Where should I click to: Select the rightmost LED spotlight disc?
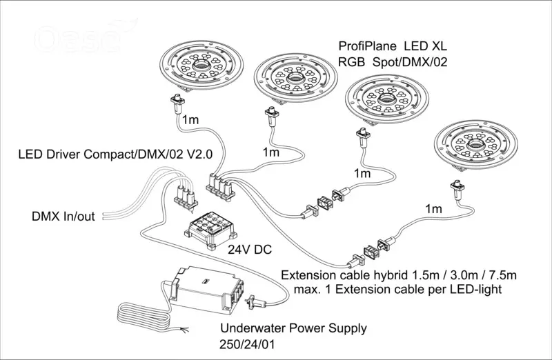475,144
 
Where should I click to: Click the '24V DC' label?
250,250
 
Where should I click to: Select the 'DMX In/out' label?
63,216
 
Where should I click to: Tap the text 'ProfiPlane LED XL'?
393,46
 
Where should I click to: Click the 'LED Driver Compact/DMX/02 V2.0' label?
115,154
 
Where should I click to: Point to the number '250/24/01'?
247,344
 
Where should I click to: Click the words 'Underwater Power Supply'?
293,328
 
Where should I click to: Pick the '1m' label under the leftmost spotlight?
190,119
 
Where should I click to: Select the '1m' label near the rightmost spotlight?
433,209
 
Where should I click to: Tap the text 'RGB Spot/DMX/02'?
393,62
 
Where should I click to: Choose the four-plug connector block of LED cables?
221,186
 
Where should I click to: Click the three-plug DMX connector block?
186,198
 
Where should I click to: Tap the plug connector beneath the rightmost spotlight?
457,189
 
